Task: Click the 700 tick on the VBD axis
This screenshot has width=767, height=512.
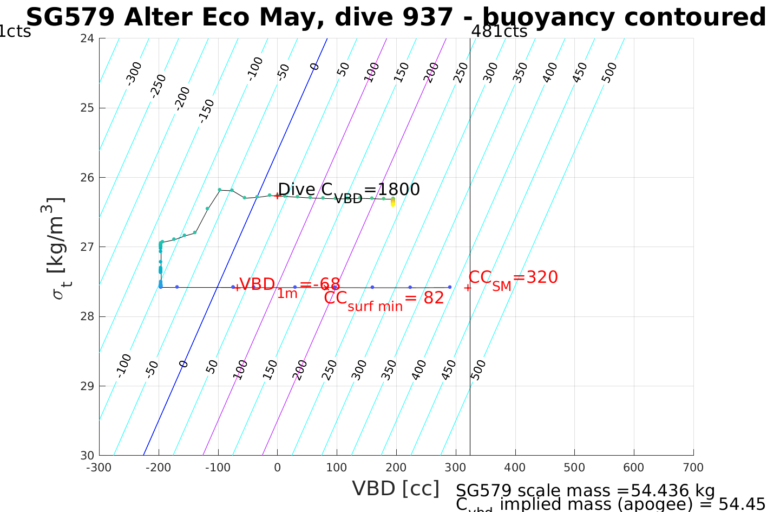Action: pyautogui.click(x=693, y=468)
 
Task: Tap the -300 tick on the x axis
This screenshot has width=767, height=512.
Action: pyautogui.click(x=99, y=468)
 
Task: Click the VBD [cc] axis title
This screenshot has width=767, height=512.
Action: pyautogui.click(x=396, y=489)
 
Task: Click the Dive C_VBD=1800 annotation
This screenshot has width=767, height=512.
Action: pyautogui.click(x=349, y=191)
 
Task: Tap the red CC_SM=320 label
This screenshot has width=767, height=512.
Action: pyautogui.click(x=513, y=278)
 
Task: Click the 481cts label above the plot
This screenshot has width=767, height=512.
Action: pyautogui.click(x=499, y=31)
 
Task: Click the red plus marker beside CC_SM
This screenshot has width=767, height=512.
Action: pyautogui.click(x=468, y=288)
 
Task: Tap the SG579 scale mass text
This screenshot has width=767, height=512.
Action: pyautogui.click(x=585, y=490)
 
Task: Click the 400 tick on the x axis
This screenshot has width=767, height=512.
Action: pyautogui.click(x=515, y=468)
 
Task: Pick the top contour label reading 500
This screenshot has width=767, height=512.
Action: pyautogui.click(x=609, y=73)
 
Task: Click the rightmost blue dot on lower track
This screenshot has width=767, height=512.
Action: pyautogui.click(x=450, y=287)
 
